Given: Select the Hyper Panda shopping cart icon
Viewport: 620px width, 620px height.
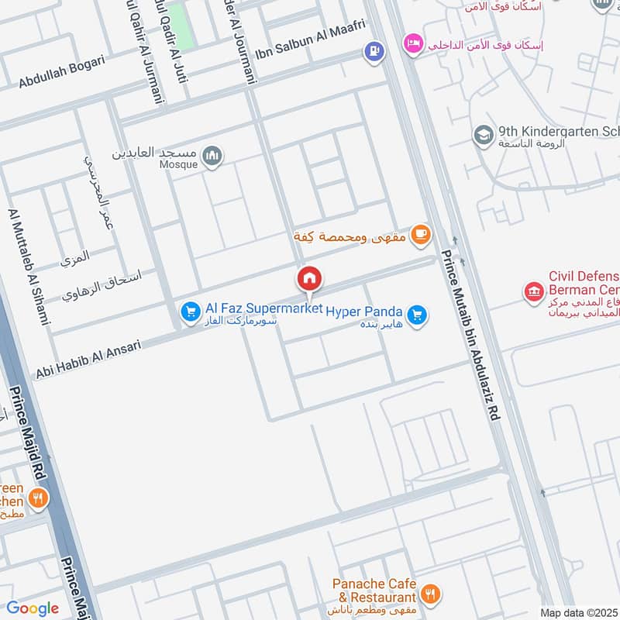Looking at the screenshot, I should pos(417,315).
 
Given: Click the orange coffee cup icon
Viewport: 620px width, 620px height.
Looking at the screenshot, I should pos(420,233).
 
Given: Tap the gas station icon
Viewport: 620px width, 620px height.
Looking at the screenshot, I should pos(374,51).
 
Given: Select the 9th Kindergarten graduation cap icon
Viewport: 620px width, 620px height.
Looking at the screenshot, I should pos(484,136).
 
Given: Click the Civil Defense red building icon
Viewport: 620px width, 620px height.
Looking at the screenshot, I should pos(534,291).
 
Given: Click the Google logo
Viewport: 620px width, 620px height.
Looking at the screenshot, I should pos(33,608).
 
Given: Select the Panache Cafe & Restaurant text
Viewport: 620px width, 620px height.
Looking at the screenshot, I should pos(374,591).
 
